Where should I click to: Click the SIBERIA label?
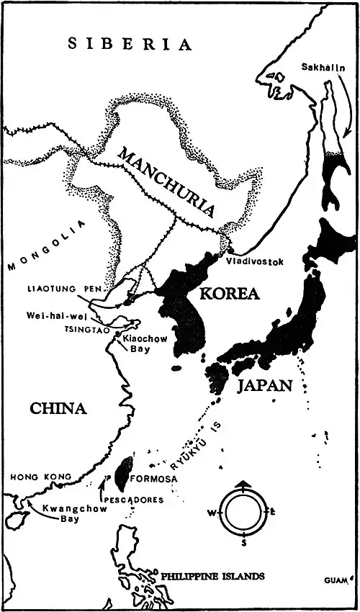(130, 44)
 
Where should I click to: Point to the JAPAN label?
(264, 385)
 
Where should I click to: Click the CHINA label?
(58, 409)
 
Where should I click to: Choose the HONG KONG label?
(40, 477)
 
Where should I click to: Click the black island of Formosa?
(124, 471)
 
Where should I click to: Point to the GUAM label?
(336, 580)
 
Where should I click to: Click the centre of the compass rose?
(244, 513)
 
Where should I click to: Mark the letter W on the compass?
(212, 513)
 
